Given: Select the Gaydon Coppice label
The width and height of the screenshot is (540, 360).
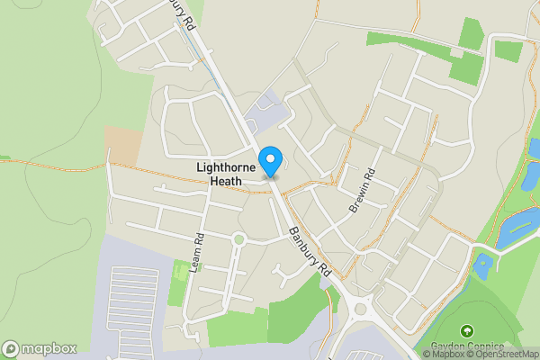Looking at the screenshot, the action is click(x=466, y=347).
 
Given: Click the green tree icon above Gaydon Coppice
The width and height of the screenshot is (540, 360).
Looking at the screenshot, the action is click(x=466, y=332).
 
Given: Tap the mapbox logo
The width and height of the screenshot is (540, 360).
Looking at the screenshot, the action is click(x=39, y=348).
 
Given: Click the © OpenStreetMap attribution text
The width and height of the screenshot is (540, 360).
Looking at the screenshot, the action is click(x=500, y=354).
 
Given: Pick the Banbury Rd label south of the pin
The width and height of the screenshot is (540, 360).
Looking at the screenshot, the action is click(x=311, y=252).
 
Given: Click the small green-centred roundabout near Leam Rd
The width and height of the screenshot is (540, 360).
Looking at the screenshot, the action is click(x=238, y=239).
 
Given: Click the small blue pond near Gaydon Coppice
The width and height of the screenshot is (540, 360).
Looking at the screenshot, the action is click(x=484, y=265).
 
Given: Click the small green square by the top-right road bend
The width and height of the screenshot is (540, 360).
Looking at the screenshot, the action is click(x=508, y=51).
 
